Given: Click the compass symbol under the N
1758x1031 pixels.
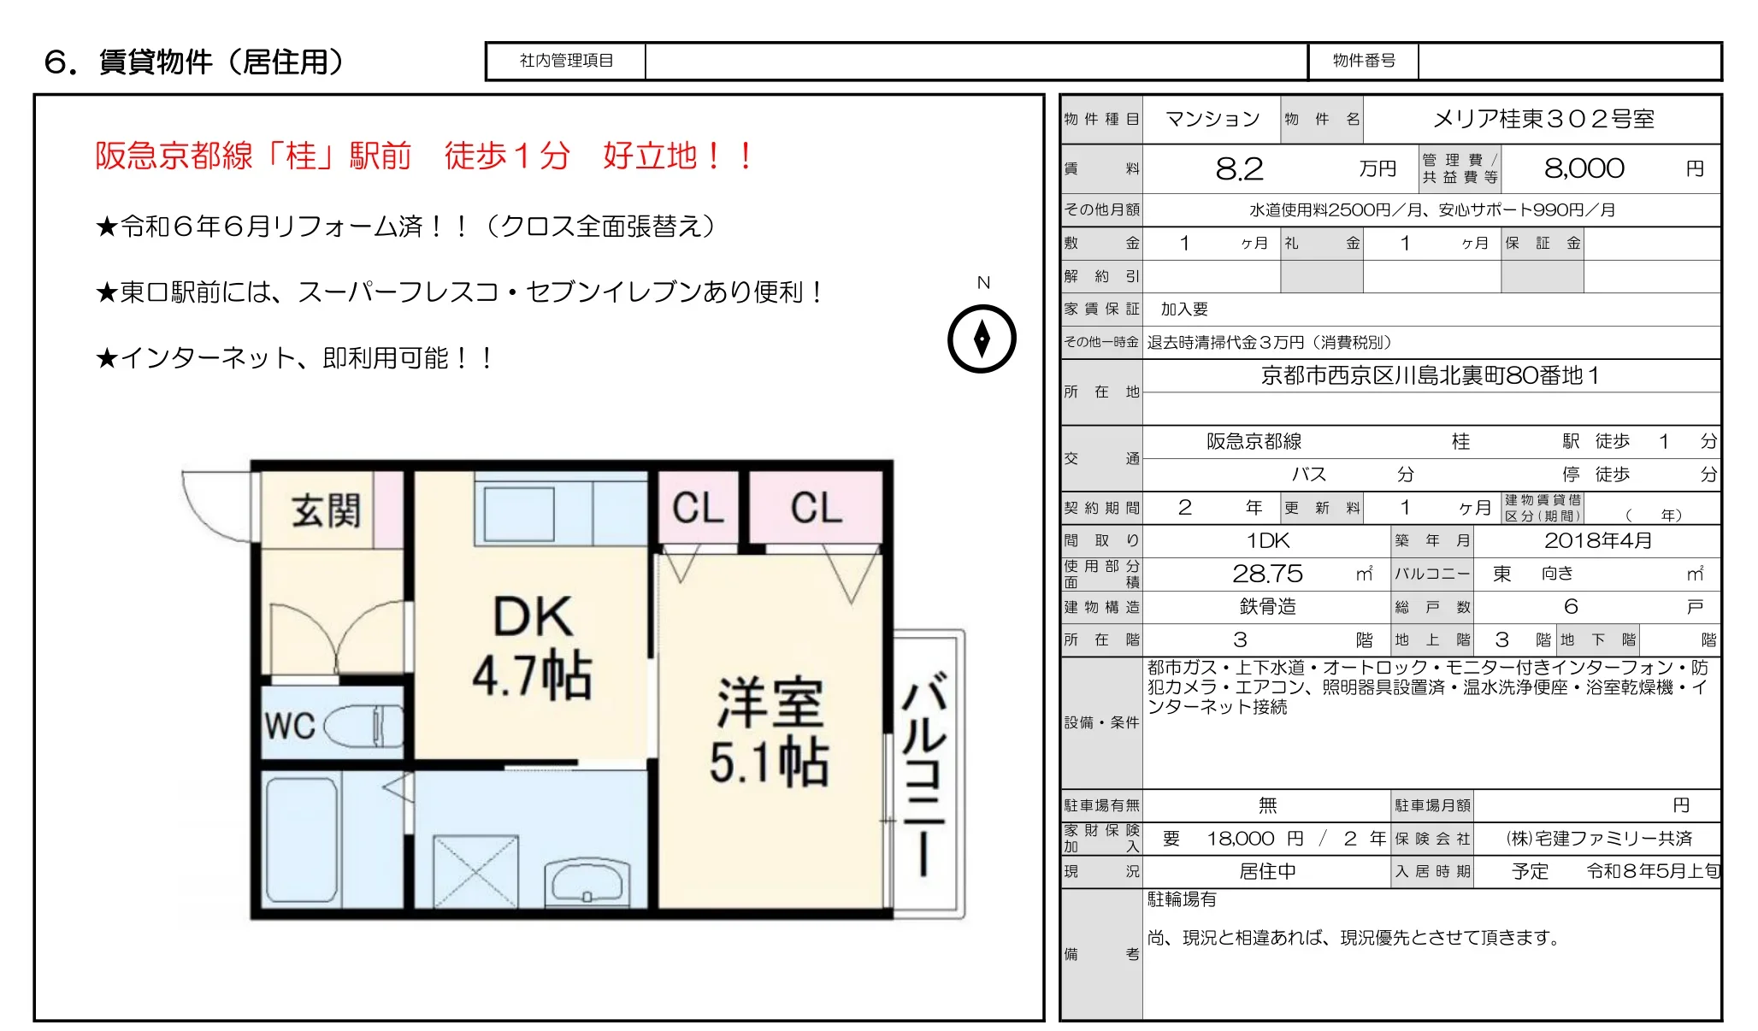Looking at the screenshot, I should [982, 339].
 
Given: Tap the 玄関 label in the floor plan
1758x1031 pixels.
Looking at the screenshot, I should [326, 510].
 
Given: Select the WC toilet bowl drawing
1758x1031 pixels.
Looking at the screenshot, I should [364, 726].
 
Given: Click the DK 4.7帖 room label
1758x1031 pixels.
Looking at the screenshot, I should [533, 645].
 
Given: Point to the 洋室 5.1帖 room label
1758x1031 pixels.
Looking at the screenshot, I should [769, 732].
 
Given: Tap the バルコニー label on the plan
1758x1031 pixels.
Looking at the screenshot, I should [924, 774].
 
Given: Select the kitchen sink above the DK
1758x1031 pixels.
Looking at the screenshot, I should [519, 514].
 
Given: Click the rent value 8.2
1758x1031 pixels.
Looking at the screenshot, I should [1239, 169].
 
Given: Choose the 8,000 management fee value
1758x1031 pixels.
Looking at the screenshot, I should [1584, 168].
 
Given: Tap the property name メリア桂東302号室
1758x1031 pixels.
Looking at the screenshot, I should [1543, 119].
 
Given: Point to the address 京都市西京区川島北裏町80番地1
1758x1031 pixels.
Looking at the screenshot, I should [1430, 376].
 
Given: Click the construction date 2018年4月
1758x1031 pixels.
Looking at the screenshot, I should [1597, 540].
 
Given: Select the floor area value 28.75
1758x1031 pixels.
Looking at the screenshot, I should [1267, 574].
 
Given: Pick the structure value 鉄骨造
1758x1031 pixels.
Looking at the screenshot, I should [1267, 607].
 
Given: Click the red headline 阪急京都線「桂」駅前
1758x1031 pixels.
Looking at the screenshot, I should [254, 156].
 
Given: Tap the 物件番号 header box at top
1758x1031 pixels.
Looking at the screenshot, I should [1364, 61].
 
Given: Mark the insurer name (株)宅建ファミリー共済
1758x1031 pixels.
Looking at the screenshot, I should [1598, 839].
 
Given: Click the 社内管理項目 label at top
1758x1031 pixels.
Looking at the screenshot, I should [566, 61].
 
